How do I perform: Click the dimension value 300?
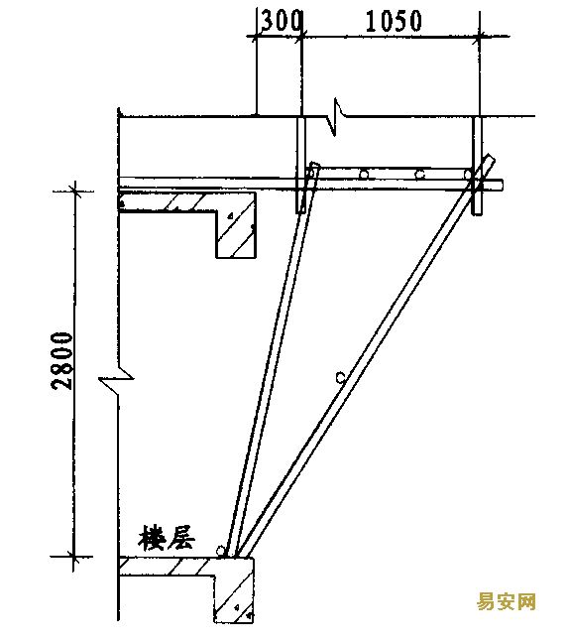pyautogui.click(x=282, y=21)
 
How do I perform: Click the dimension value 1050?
pyautogui.click(x=394, y=21)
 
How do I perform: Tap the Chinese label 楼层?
pyautogui.click(x=166, y=538)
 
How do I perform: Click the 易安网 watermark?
pyautogui.click(x=507, y=602)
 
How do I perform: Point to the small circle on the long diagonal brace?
pyautogui.click(x=340, y=377)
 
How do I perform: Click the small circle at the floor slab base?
pyautogui.click(x=220, y=551)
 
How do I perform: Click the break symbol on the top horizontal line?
pyautogui.click(x=336, y=117)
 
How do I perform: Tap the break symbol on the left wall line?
pyautogui.click(x=117, y=377)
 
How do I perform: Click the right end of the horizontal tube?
pyautogui.click(x=503, y=185)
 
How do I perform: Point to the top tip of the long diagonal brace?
pyautogui.click(x=491, y=156)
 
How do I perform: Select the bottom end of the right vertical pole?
pyautogui.click(x=477, y=213)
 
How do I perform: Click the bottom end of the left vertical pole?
pyautogui.click(x=300, y=212)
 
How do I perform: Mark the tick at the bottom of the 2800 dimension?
pyautogui.click(x=73, y=557)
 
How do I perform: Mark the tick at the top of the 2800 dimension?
pyautogui.click(x=74, y=191)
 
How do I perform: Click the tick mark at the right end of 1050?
pyautogui.click(x=479, y=37)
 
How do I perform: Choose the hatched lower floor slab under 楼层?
pyautogui.click(x=167, y=567)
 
